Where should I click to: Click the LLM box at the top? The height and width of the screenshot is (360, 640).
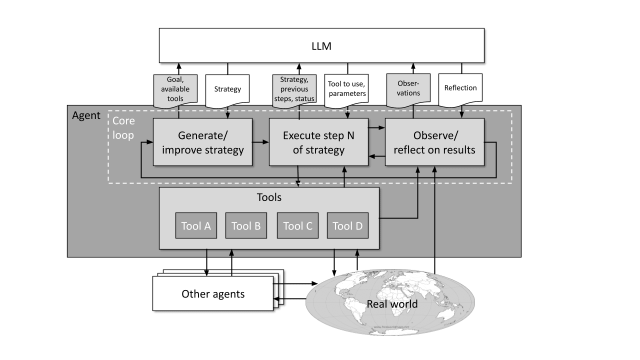pyautogui.click(x=321, y=45)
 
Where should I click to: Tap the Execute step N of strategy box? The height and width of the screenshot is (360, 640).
pyautogui.click(x=318, y=142)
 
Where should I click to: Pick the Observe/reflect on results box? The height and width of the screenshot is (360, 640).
pyautogui.click(x=434, y=142)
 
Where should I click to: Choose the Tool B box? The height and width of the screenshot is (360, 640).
pyautogui.click(x=246, y=225)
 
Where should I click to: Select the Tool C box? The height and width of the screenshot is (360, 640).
pyautogui.click(x=297, y=225)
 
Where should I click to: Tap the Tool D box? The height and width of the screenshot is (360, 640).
pyautogui.click(x=347, y=225)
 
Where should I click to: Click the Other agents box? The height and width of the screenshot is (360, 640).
pyautogui.click(x=213, y=293)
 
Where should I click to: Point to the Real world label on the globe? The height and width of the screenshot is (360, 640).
pyautogui.click(x=392, y=304)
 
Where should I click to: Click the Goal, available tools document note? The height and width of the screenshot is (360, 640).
pyautogui.click(x=175, y=89)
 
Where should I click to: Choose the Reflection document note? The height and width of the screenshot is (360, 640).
pyautogui.click(x=460, y=88)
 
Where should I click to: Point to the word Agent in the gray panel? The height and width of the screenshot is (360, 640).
pyautogui.click(x=86, y=115)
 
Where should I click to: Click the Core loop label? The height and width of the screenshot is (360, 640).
pyautogui.click(x=123, y=128)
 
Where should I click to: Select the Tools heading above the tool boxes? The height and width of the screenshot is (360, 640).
pyautogui.click(x=268, y=197)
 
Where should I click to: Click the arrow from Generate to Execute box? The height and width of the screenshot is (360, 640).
pyautogui.click(x=260, y=142)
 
